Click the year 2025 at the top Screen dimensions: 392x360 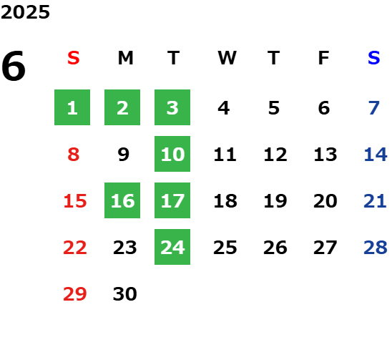coord(25,12)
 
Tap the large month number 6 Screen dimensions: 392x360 coord(14,66)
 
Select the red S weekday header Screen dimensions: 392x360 coord(74,58)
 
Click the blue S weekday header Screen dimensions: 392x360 coord(373,58)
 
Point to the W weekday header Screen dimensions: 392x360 coord(227,58)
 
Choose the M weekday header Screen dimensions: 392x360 coord(125,58)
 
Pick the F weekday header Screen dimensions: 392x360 coord(324,58)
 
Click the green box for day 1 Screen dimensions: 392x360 coord(72,107)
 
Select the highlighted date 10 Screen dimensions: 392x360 coord(172,154)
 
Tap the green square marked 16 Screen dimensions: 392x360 coord(122,200)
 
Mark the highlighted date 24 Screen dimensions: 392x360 coord(172,247)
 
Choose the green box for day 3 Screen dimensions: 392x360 coord(172,107)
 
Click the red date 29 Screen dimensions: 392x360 coord(75,293)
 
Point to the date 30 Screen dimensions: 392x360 coord(125,293)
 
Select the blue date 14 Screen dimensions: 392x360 coord(376,155)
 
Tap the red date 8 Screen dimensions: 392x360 coord(74,155)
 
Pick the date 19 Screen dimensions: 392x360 coord(275,201)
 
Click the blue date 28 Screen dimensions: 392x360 coord(376,248)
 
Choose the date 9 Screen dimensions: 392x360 coord(124,155)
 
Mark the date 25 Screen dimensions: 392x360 coord(225,248)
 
